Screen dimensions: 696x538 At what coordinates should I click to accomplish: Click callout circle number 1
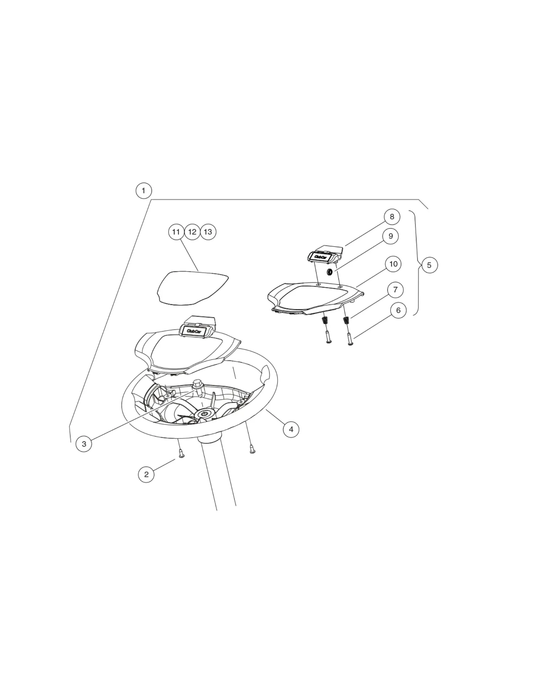[x=144, y=191]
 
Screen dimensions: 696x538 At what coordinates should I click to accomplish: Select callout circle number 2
[x=146, y=474]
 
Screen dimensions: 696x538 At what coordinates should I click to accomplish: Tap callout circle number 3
[x=84, y=444]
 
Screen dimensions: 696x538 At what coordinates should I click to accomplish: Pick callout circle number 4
[x=291, y=430]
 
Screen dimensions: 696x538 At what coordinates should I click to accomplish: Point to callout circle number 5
[x=430, y=265]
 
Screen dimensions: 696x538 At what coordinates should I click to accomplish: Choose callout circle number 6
[x=398, y=310]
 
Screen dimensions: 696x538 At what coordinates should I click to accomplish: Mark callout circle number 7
[x=395, y=290]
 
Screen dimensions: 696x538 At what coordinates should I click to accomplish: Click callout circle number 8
[x=392, y=217]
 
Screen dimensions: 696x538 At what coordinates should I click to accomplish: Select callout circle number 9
[x=391, y=236]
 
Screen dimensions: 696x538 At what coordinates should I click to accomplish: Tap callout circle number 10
[x=393, y=264]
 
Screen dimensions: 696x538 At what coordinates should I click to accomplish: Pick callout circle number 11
[x=176, y=232]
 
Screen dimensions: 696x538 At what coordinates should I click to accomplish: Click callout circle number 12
[x=192, y=232]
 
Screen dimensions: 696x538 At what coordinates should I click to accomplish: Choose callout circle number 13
[x=208, y=232]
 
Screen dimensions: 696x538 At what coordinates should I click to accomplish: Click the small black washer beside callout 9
[x=330, y=272]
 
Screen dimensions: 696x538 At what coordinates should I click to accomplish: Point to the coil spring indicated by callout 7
[x=346, y=320]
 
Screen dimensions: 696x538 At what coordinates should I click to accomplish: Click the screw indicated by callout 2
[x=182, y=453]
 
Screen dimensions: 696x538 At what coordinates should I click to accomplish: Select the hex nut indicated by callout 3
[x=198, y=384]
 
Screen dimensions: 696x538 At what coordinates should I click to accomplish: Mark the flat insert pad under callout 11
[x=192, y=287]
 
